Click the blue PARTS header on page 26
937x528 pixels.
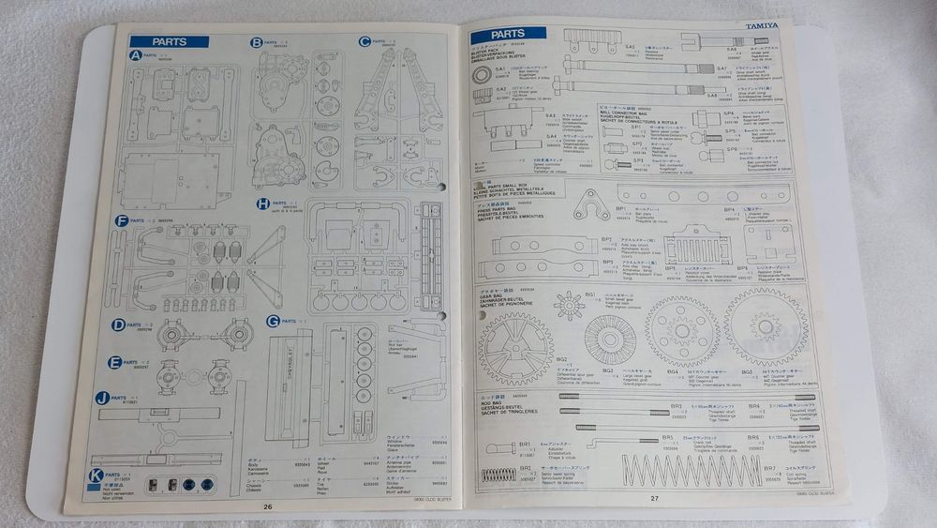169,41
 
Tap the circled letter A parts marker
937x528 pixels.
136,55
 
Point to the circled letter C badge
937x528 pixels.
364,41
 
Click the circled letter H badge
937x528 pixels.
263,204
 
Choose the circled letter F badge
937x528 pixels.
122,221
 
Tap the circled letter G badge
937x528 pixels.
273,321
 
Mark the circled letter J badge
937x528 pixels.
103,398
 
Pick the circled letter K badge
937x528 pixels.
96,475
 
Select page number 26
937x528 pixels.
268,506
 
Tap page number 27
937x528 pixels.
656,497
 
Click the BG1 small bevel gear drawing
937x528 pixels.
569,306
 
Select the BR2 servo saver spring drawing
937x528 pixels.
498,475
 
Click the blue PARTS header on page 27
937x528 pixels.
508,35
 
